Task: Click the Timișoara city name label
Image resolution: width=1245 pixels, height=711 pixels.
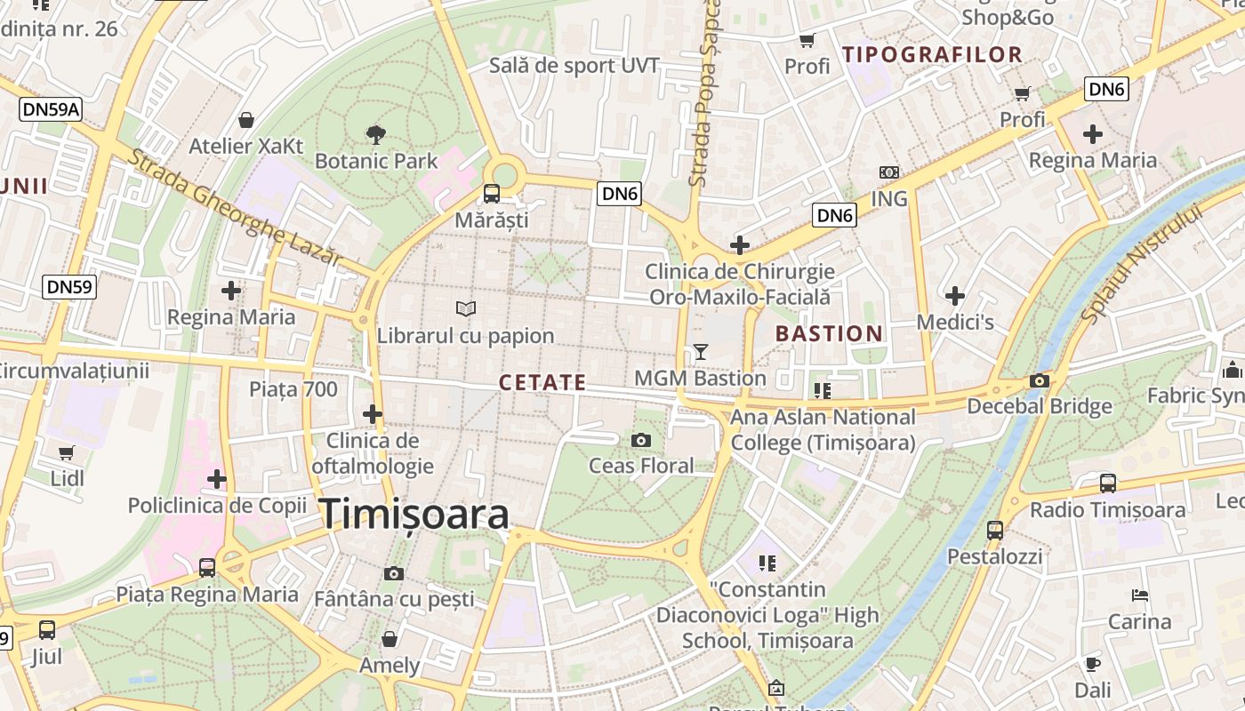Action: coord(414,515)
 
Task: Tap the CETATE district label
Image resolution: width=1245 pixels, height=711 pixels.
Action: coord(542,383)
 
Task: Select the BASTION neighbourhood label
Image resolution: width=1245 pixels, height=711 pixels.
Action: coord(829,334)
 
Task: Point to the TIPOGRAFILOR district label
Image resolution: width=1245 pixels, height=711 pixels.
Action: coord(932,54)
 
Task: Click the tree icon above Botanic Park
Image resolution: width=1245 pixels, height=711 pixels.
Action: coord(376,135)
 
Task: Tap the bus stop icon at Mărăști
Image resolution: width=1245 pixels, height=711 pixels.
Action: coord(491,193)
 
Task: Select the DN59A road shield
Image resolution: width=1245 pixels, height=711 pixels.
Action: coord(51,109)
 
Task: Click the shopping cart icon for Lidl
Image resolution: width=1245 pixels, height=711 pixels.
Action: coord(67,452)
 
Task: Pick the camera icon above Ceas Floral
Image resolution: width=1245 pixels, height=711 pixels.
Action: coord(640,440)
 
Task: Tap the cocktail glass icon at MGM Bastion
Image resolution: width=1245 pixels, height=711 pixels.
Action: coord(701,352)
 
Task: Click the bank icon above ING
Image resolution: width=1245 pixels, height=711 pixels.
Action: coord(888,172)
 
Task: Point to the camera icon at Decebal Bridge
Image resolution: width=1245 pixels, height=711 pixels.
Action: coord(1039,380)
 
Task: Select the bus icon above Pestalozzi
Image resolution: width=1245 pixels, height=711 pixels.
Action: coord(994,531)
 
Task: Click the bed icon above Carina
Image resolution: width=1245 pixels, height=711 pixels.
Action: coord(1140,595)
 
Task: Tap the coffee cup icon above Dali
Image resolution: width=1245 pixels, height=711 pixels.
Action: coord(1092,664)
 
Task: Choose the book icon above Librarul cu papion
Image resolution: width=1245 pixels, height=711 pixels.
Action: coord(466,308)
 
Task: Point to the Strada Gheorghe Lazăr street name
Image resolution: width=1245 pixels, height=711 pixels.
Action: coord(236,207)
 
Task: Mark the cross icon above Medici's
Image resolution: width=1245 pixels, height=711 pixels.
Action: coord(955,295)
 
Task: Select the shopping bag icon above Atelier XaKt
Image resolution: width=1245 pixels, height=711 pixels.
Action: coord(246,120)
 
